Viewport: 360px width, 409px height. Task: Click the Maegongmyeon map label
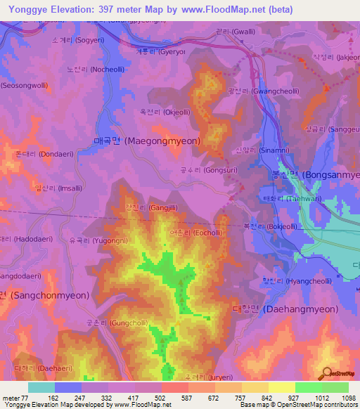pos(147,141)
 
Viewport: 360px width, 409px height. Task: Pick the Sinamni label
pos(262,150)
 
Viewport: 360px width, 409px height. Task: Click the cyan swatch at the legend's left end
pos(41,387)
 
